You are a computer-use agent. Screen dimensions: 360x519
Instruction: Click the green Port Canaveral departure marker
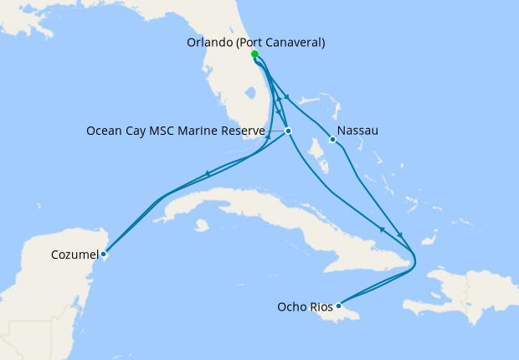[x=254, y=54]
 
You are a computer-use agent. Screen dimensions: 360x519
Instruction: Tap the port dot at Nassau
[x=332, y=140]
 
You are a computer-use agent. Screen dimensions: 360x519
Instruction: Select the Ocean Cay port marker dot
[x=288, y=131]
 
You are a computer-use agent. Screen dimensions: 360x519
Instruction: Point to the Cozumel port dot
[x=103, y=254]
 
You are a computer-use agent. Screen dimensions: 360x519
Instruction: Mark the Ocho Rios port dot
[x=338, y=306]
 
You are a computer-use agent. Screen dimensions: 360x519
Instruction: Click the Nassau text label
[x=358, y=131]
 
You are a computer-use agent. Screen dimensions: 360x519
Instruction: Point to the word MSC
[x=168, y=131]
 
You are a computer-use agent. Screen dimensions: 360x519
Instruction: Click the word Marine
[x=204, y=131]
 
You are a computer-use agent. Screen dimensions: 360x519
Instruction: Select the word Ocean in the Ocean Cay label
[x=105, y=131]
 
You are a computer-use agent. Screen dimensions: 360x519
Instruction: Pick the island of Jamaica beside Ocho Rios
[x=356, y=314]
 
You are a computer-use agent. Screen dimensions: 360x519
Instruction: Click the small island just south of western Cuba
[x=201, y=225]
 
